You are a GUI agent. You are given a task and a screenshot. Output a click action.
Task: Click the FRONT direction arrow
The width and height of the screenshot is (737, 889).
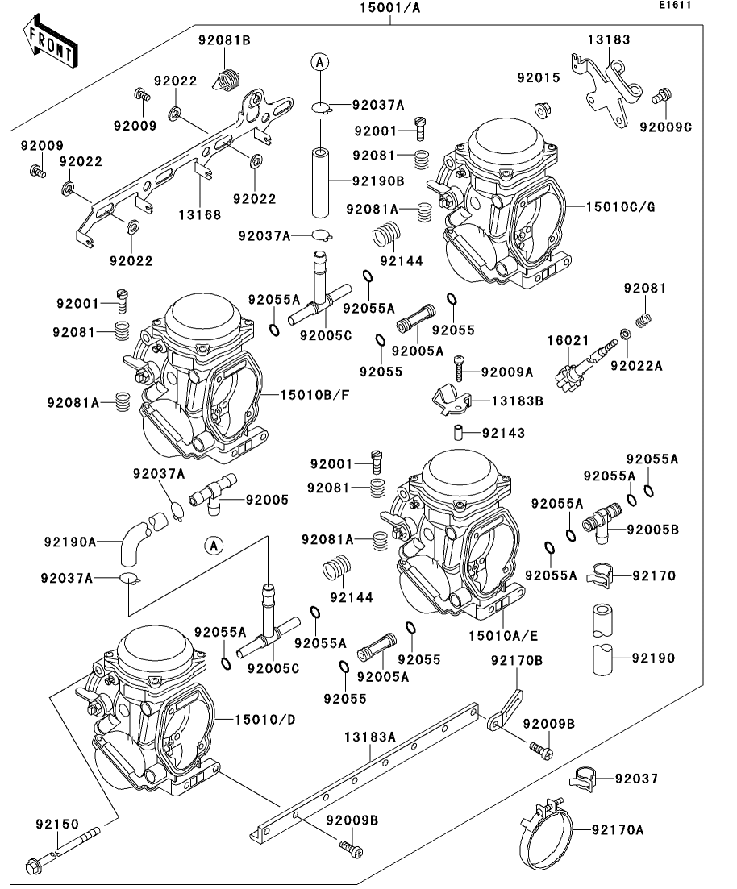pyautogui.click(x=50, y=46)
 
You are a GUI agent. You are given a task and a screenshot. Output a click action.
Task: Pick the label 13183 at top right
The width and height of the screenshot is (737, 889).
pyautogui.click(x=609, y=39)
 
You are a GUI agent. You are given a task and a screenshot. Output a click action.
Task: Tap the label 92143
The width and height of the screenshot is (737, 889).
pyautogui.click(x=503, y=433)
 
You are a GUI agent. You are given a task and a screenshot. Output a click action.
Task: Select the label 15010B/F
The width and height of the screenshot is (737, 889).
pyautogui.click(x=317, y=395)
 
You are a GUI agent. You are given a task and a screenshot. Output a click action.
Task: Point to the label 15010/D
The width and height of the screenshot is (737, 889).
pyautogui.click(x=265, y=719)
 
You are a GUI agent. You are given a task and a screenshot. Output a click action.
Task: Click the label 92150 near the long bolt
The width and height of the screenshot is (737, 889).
pyautogui.click(x=56, y=824)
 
